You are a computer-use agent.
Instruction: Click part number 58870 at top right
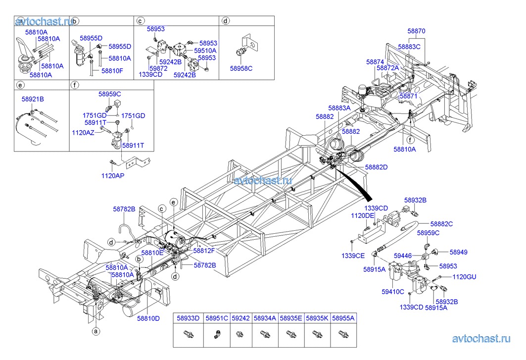pos(416,31)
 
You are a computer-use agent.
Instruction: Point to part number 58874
pos(375,62)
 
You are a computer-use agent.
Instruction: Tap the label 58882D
pos(376,167)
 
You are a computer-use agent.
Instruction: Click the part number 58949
pos(444,252)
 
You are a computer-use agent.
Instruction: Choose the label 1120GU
pos(464,277)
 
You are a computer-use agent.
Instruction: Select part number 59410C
pos(393,292)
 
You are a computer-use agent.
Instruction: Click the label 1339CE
pos(353,255)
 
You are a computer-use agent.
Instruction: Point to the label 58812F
pos(204,251)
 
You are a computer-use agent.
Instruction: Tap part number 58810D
pos(148,318)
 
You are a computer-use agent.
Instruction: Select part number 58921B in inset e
pos(33,100)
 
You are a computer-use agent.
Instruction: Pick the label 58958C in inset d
pos(241,68)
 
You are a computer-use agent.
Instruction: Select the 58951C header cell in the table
pos(217,319)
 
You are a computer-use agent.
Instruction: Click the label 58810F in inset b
pos(112,71)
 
